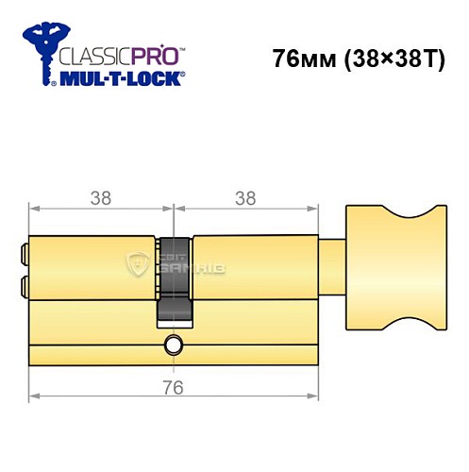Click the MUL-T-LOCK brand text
coord(119,79)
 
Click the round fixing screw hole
coord(172,345)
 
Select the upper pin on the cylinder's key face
coord(24,253)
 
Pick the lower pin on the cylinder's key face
coord(24,284)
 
